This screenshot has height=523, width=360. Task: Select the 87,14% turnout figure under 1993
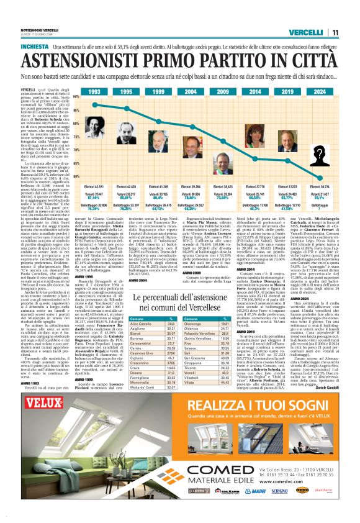point(94,197)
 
